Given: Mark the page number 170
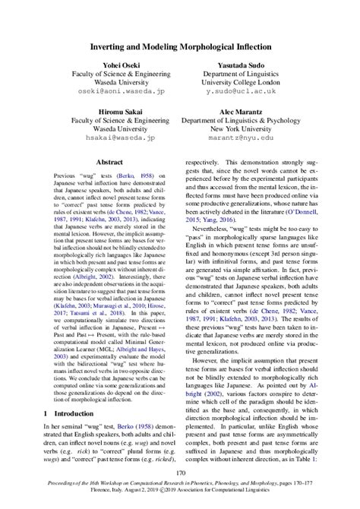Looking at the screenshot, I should point(180,473).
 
